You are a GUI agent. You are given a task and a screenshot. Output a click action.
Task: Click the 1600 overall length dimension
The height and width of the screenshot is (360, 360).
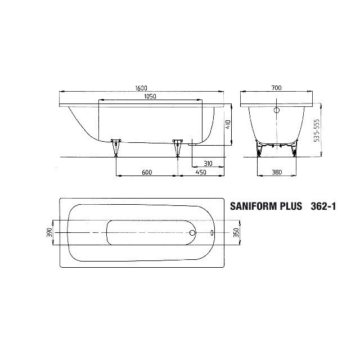tap(141, 88)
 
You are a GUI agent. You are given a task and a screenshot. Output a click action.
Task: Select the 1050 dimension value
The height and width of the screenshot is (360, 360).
tap(150, 97)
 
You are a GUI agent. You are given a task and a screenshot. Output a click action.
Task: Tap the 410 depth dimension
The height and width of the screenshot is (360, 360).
tap(228, 124)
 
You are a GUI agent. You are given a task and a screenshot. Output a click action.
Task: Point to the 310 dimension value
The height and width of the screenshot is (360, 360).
tap(208, 164)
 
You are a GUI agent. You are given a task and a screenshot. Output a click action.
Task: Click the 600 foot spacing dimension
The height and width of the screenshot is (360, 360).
tap(147, 172)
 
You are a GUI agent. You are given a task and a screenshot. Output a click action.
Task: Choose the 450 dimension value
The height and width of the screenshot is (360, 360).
tap(201, 172)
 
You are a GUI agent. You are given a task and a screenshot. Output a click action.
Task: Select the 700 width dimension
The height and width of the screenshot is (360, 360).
tap(276, 88)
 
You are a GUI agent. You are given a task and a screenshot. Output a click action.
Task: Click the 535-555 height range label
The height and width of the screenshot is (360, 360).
tap(317, 130)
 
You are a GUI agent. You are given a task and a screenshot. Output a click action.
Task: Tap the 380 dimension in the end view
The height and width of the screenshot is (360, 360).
tap(277, 172)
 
